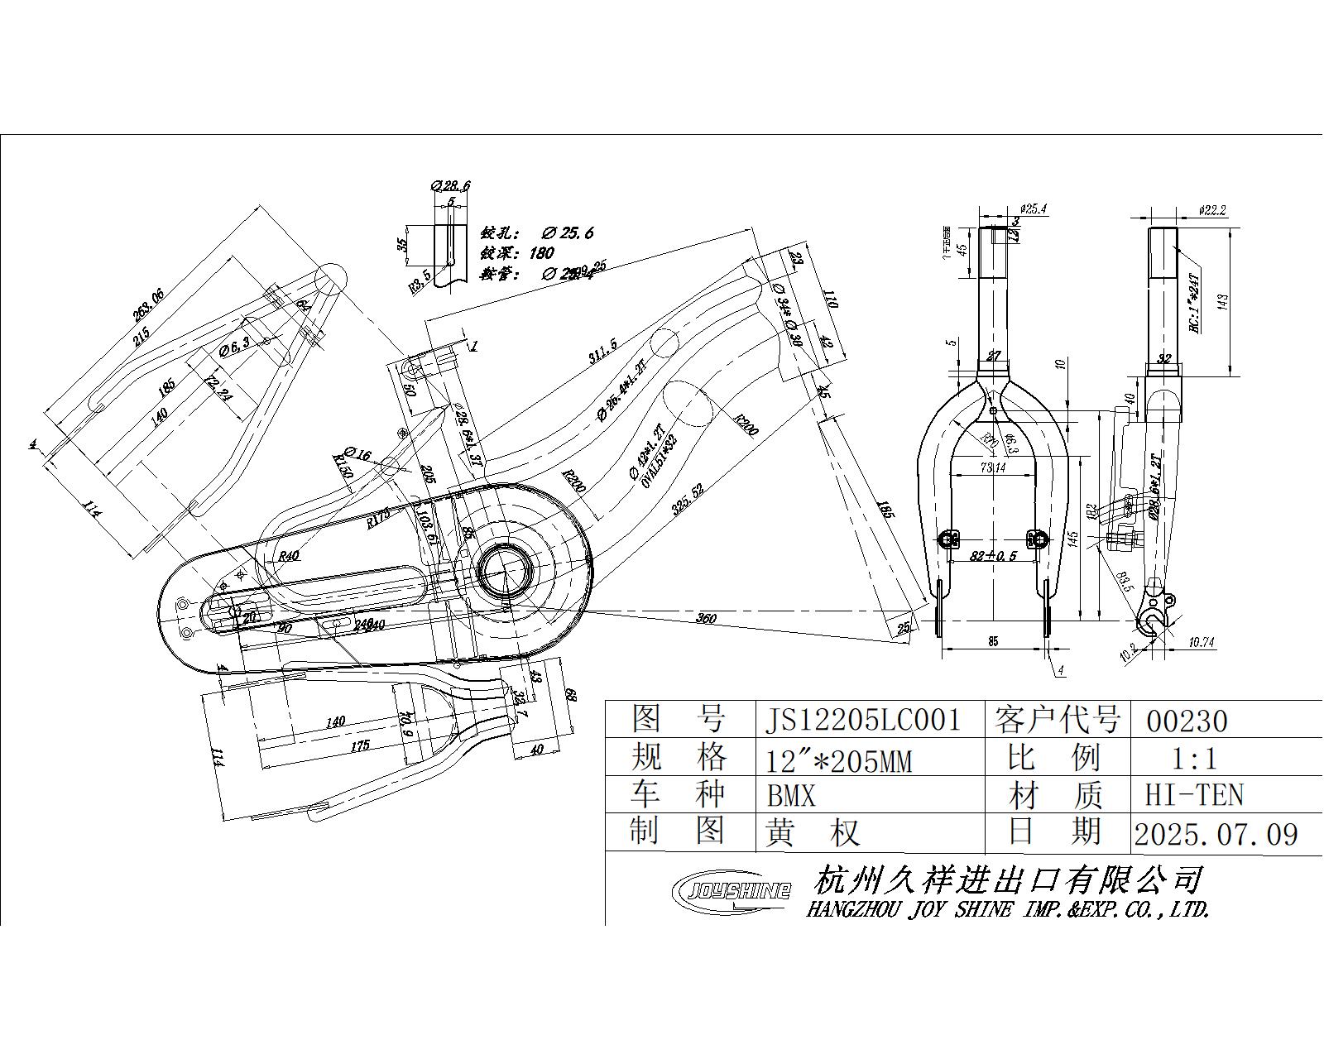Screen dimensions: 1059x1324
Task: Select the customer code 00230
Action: (x=1187, y=721)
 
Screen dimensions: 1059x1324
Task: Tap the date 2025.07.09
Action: (x=1216, y=833)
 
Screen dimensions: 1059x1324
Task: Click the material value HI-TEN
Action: (x=1194, y=795)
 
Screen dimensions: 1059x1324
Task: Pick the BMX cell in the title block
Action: (x=791, y=796)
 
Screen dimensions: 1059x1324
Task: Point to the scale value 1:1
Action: (x=1195, y=758)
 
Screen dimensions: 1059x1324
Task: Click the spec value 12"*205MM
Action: (x=838, y=759)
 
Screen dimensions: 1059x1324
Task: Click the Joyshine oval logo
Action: (x=732, y=890)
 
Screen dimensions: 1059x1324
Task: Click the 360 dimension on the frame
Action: (x=706, y=618)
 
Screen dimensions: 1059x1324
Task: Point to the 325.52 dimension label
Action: (x=688, y=500)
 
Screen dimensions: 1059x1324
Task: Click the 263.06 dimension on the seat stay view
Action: (x=150, y=311)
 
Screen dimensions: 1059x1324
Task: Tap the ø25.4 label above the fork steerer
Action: (x=1034, y=208)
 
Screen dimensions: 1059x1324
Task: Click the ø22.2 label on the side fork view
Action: (x=1211, y=210)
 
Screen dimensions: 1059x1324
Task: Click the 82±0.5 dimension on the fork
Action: (x=993, y=556)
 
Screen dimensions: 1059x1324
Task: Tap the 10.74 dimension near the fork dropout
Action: (x=1201, y=641)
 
